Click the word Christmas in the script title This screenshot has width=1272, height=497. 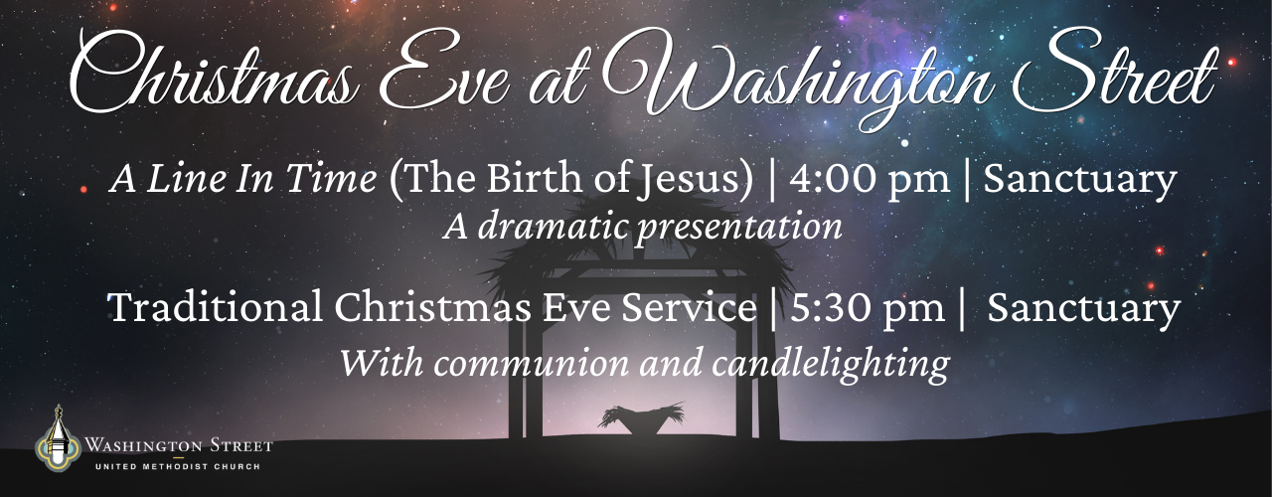point(213,75)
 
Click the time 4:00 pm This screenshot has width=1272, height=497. point(870,179)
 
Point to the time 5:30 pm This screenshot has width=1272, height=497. point(868,308)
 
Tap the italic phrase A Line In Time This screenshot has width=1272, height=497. point(243,178)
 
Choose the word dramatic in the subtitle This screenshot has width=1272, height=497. point(550,226)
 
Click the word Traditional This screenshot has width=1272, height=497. point(215,307)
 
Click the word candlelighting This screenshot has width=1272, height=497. point(830,364)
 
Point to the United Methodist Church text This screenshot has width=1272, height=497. point(178,467)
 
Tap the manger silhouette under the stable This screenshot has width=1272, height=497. point(641,418)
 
